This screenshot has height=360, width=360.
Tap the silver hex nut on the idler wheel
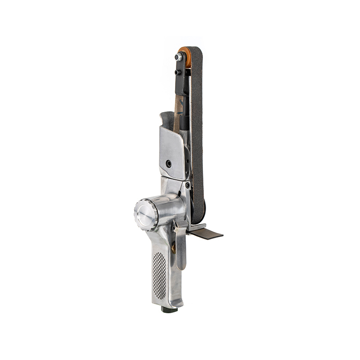[179, 57]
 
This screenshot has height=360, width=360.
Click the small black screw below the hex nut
[178, 72]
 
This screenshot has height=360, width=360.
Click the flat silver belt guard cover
[171, 148]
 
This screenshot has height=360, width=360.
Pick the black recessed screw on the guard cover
[168, 164]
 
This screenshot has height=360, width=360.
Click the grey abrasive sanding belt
[197, 135]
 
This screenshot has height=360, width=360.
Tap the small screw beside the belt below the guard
[187, 185]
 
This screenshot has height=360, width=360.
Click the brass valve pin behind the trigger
[173, 248]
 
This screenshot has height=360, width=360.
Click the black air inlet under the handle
[169, 310]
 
